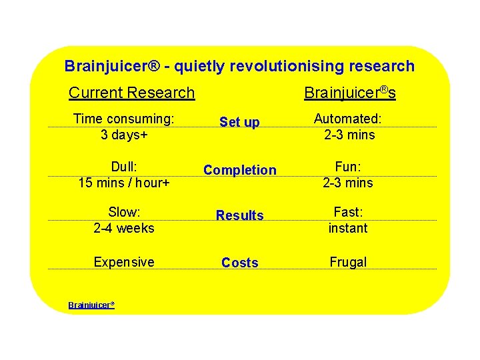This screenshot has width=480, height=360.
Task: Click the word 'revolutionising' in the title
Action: [x=288, y=66]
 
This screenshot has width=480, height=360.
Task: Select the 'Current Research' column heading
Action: [x=131, y=93]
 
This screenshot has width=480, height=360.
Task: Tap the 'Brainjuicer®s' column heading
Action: [x=349, y=92]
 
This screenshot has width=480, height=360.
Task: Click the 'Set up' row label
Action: [x=239, y=122]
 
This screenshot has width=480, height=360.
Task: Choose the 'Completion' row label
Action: [x=239, y=170]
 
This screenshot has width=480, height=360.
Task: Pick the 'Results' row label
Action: [x=239, y=215]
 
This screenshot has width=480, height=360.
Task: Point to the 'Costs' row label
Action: [x=239, y=263]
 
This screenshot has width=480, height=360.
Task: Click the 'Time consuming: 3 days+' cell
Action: [x=124, y=127]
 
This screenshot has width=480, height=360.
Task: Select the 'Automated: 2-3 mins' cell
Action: [x=348, y=127]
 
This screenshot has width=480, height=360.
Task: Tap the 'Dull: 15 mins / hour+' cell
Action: [x=124, y=175]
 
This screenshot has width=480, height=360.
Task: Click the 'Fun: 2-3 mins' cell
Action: [x=348, y=175]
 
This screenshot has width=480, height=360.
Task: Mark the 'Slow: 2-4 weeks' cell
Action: [x=124, y=220]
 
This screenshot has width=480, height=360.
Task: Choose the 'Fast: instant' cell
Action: [x=348, y=220]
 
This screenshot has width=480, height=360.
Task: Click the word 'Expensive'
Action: [x=124, y=262]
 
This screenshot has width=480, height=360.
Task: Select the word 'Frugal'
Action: [x=348, y=262]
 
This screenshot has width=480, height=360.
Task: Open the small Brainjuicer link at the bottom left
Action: [x=91, y=305]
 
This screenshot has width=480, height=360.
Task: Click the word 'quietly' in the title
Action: [x=201, y=66]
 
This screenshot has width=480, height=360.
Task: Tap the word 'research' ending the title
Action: [x=381, y=66]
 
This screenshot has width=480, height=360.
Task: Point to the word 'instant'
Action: [x=348, y=228]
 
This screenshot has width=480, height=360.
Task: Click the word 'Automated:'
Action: [x=348, y=119]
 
